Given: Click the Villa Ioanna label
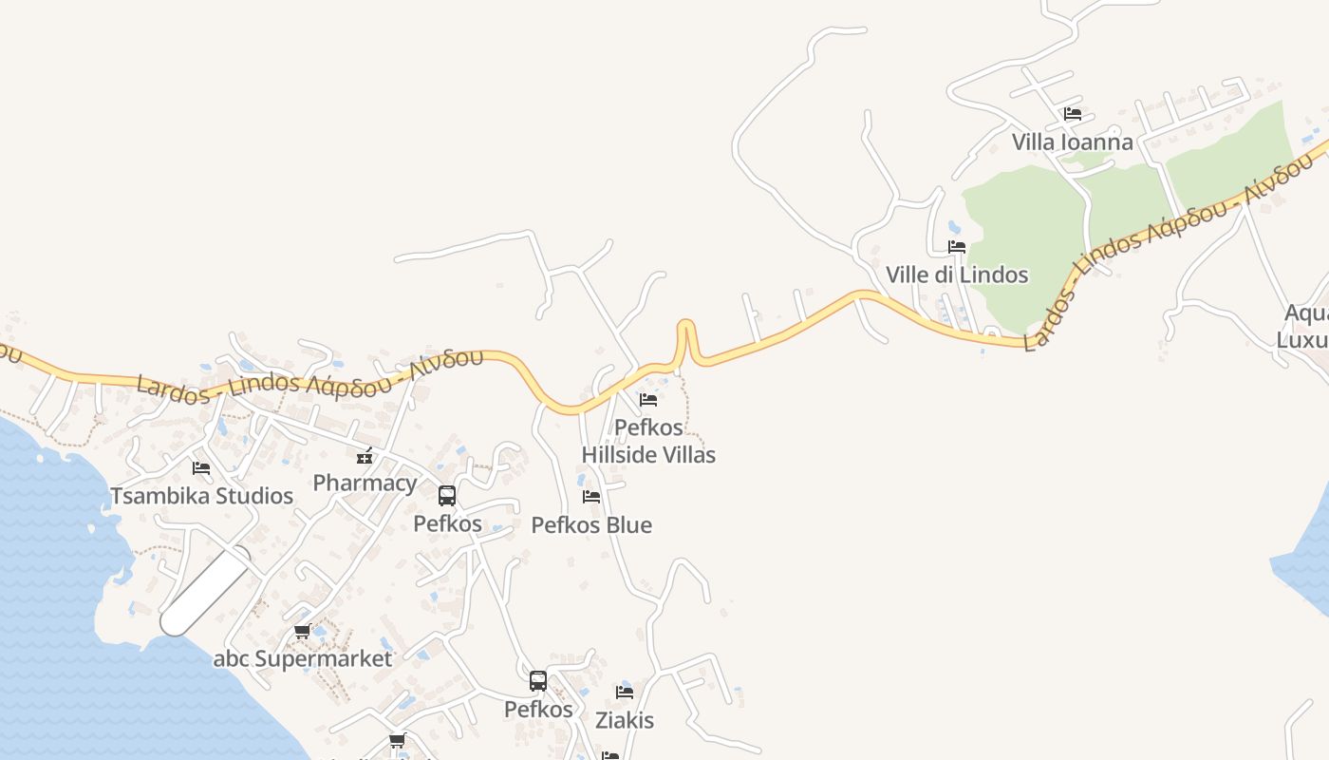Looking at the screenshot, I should click(x=1072, y=142).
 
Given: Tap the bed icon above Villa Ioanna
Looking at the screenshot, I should click(x=1073, y=113).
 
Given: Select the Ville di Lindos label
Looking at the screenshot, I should click(x=957, y=275).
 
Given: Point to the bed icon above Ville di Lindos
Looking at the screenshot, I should click(x=957, y=246).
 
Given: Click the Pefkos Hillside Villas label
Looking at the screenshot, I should click(x=648, y=441).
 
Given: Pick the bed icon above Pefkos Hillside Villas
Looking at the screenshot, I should click(x=648, y=399).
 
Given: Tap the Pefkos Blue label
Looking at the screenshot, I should click(x=591, y=525).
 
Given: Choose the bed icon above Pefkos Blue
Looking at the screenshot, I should click(x=591, y=496).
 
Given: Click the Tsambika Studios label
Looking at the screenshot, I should click(x=201, y=496).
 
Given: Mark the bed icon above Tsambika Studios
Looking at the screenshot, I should click(x=201, y=467).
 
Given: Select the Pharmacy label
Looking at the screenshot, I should click(x=365, y=483).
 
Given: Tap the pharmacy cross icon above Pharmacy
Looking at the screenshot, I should click(x=365, y=456).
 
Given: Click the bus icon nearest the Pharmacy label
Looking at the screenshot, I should click(x=447, y=495).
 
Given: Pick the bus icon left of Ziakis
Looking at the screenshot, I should click(x=538, y=680).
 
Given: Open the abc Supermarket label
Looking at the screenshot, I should click(x=302, y=658).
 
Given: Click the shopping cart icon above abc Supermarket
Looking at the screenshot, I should click(x=302, y=631).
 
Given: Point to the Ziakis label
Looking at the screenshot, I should click(x=625, y=720).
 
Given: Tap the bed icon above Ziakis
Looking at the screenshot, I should click(x=625, y=692).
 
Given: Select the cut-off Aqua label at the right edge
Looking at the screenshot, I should click(x=1306, y=313).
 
